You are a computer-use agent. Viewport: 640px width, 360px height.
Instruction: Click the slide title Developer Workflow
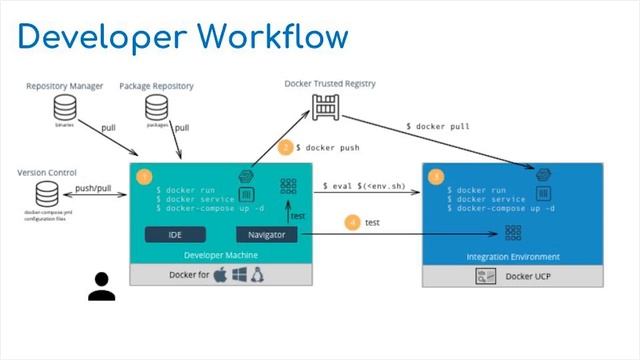(x=182, y=36)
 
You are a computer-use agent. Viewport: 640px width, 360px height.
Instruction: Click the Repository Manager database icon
(x=65, y=107)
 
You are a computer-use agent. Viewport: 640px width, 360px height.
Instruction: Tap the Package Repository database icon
(x=157, y=106)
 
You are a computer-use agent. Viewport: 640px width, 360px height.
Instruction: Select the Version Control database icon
(x=47, y=192)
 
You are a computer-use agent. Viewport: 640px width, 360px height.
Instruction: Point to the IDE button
(x=176, y=235)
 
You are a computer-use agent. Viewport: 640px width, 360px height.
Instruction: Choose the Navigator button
(x=267, y=235)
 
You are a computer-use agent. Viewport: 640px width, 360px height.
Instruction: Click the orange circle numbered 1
(x=144, y=178)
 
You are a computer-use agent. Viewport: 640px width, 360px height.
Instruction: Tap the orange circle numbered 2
(x=284, y=147)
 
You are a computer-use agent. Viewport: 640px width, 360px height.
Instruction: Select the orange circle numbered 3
(x=435, y=177)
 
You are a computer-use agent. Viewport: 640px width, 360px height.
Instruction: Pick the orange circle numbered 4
(x=352, y=222)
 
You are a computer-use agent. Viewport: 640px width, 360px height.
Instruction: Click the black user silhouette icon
(x=101, y=286)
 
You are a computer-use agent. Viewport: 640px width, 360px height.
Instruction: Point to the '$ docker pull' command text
(x=438, y=127)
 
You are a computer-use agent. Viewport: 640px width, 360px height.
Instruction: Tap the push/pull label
(x=93, y=188)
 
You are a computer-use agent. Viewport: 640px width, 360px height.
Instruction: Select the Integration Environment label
(x=513, y=256)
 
